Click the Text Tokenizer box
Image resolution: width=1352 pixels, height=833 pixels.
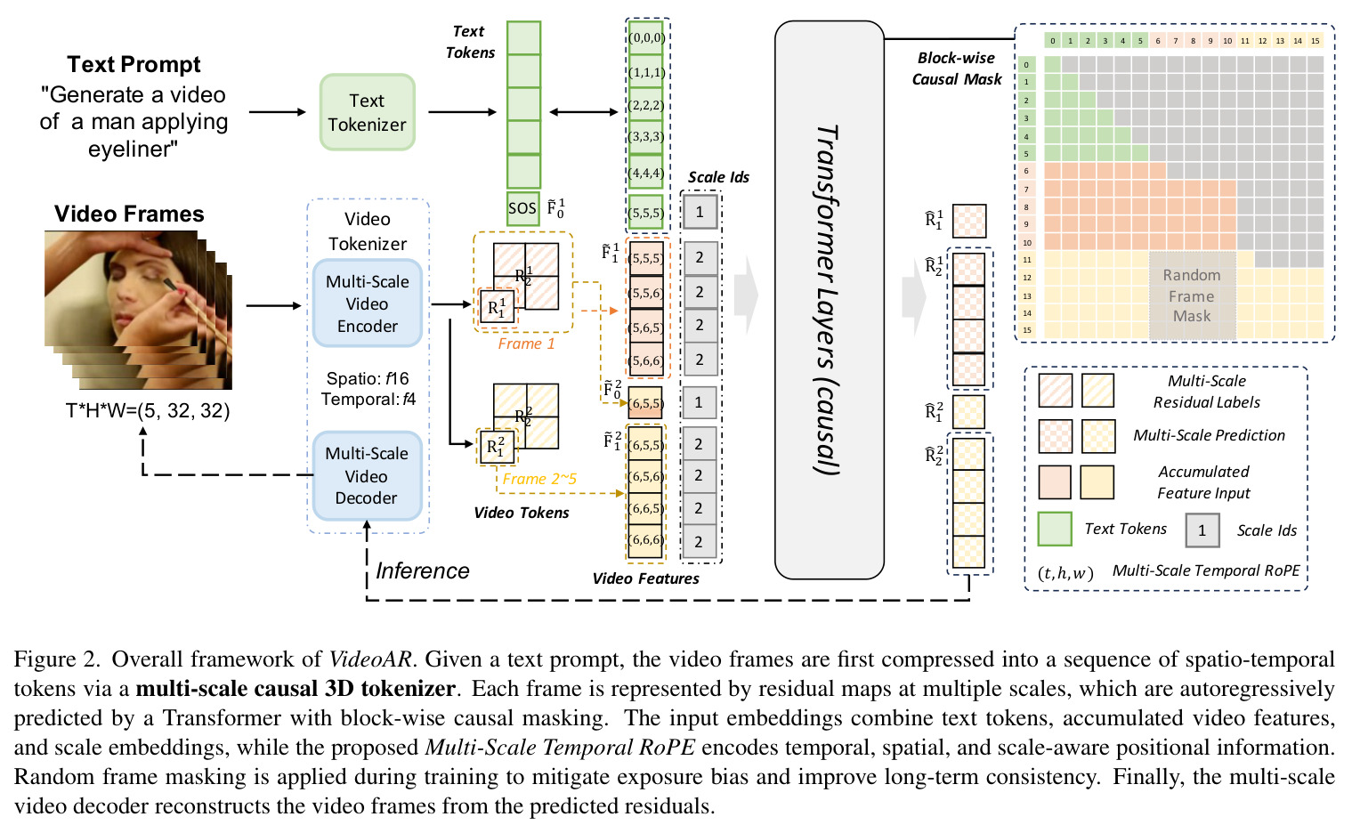367,112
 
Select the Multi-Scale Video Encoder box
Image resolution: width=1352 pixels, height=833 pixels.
367,303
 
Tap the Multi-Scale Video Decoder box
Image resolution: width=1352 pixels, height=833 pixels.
367,475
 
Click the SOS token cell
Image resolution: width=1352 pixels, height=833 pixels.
522,208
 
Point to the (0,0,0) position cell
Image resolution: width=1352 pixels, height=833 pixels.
646,37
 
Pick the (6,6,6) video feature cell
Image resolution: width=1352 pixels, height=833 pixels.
645,539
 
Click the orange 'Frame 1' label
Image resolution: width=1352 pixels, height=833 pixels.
526,344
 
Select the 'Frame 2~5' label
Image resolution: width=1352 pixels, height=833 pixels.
539,479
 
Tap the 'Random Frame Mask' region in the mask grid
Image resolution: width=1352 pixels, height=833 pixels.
1192,295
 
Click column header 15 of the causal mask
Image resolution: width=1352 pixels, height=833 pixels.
1316,41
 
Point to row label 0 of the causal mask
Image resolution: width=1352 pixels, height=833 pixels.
1026,65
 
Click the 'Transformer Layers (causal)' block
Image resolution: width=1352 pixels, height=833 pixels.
830,300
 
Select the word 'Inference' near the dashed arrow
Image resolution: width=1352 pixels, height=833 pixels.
423,570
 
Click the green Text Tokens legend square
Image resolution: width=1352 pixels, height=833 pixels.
1055,529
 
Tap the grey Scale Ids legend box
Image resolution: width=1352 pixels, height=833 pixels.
1202,530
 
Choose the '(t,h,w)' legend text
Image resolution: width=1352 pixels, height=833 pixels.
1065,573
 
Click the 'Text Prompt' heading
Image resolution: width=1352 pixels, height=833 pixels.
134,65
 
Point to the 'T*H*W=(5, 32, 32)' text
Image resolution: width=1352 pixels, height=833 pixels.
147,410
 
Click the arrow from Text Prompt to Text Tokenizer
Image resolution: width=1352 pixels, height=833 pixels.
278,111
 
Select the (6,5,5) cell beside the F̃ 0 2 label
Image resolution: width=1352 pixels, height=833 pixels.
645,402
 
